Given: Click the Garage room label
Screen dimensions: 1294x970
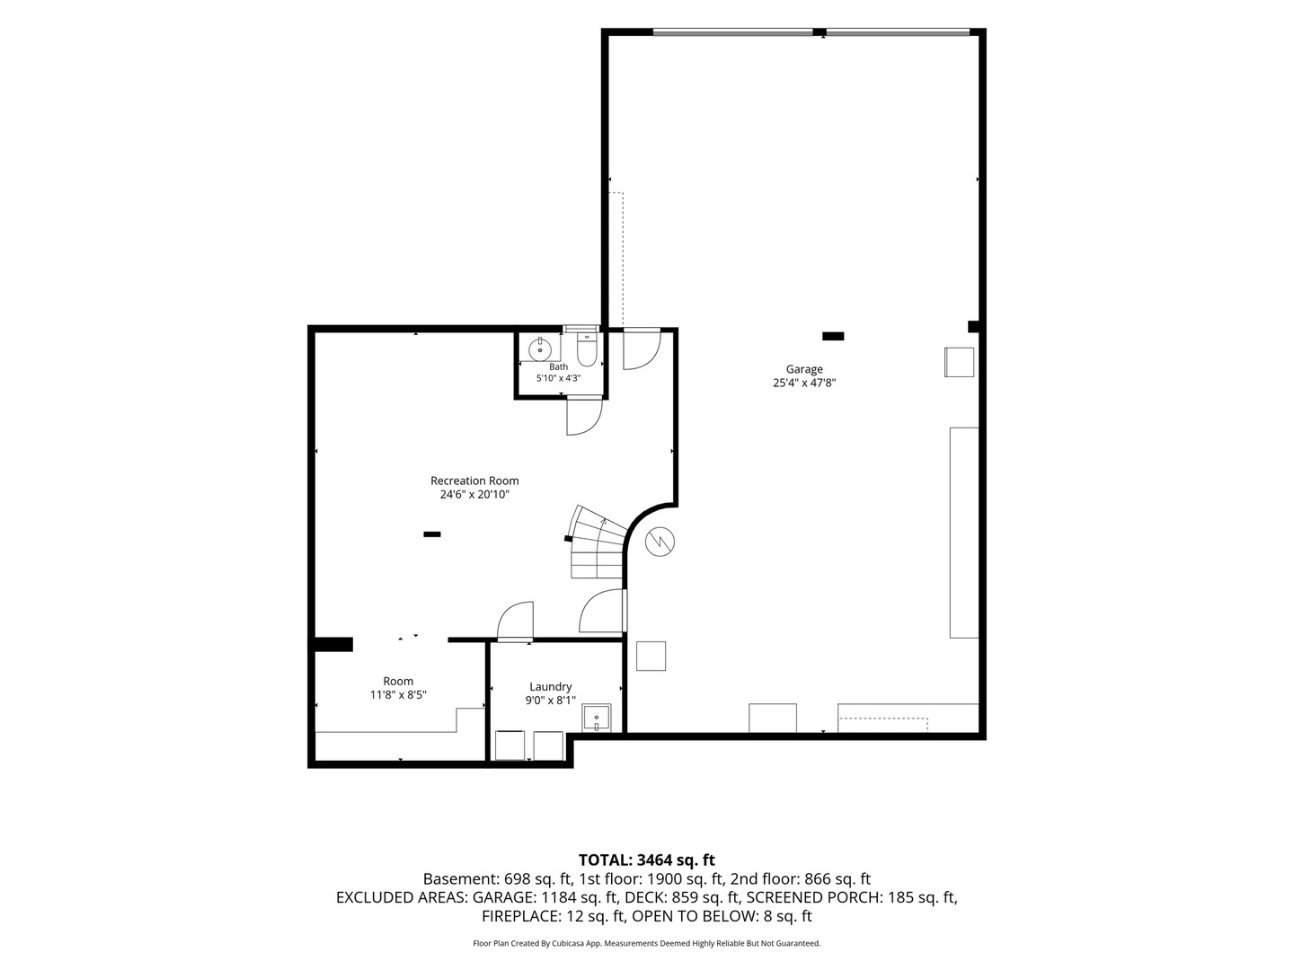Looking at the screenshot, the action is pyautogui.click(x=804, y=369).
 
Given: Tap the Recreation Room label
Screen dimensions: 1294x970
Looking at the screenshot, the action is pyautogui.click(x=474, y=481).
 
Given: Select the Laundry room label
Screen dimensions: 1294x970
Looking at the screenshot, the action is pyautogui.click(x=551, y=687).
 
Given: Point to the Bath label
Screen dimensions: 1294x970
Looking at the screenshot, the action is pyautogui.click(x=558, y=367).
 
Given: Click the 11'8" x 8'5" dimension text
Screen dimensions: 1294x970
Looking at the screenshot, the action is pyautogui.click(x=398, y=695).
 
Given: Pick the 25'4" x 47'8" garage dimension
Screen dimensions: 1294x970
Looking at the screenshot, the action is pyautogui.click(x=804, y=383).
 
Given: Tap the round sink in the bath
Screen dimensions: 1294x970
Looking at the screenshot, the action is pyautogui.click(x=540, y=349).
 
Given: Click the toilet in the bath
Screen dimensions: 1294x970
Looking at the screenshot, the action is pyautogui.click(x=587, y=350).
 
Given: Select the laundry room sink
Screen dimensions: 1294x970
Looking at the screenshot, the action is pyautogui.click(x=597, y=718).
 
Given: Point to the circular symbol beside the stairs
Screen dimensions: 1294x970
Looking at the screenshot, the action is pyautogui.click(x=660, y=542).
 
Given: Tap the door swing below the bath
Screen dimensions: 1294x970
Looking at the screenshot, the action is pyautogui.click(x=584, y=417).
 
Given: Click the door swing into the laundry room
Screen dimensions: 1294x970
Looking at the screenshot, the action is pyautogui.click(x=515, y=620).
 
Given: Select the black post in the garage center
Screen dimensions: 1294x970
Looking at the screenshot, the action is pyautogui.click(x=833, y=336).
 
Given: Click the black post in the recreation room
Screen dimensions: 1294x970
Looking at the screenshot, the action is pyautogui.click(x=432, y=534).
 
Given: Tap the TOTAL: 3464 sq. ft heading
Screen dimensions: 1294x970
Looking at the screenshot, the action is pyautogui.click(x=647, y=860).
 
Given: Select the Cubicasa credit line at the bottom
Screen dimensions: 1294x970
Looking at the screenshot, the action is pyautogui.click(x=647, y=943).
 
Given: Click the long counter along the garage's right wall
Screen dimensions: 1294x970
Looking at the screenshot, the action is pyautogui.click(x=964, y=533).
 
